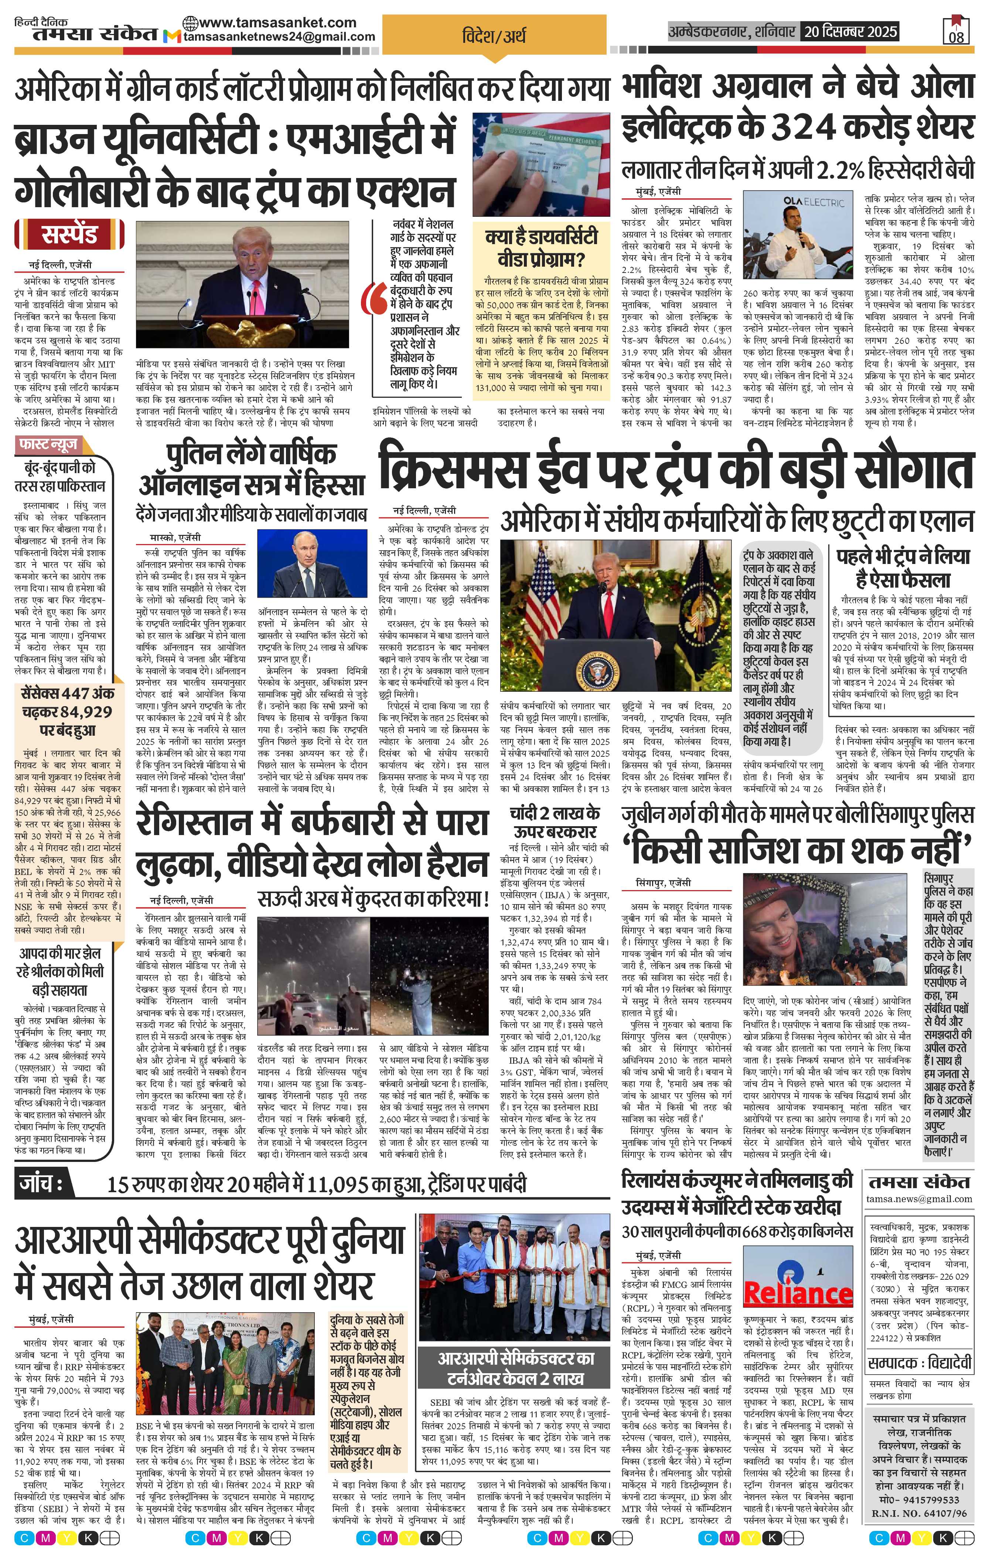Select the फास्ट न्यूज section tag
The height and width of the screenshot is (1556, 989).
point(48,445)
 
